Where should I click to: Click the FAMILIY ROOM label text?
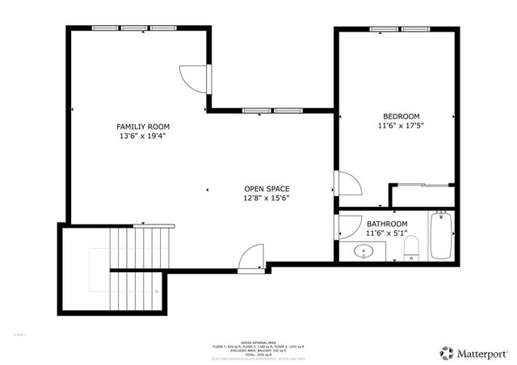(x=143, y=127)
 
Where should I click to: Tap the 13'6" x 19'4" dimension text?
(x=143, y=136)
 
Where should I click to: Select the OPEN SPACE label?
(x=267, y=188)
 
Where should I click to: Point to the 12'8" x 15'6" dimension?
(x=267, y=198)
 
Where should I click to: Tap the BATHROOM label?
(x=387, y=224)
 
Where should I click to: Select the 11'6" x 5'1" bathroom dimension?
(x=387, y=233)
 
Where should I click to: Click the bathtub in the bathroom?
(x=440, y=235)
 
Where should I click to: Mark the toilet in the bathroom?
(x=410, y=249)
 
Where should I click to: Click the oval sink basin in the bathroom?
(x=364, y=252)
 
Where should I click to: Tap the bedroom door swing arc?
(x=348, y=185)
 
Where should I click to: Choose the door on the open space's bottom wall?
(x=251, y=258)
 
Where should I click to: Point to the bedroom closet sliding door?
(x=422, y=186)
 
